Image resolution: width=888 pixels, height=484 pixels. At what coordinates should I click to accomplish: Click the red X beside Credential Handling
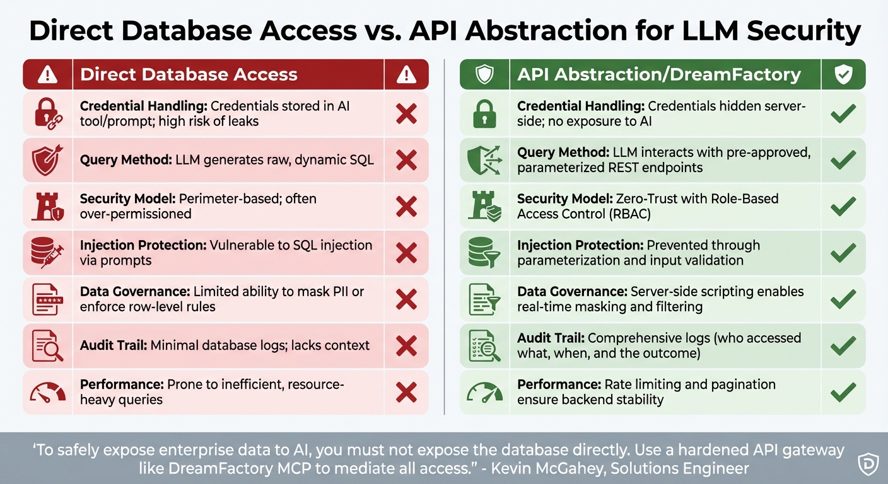(406, 114)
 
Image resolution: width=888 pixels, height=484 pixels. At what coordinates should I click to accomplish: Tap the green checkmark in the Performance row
(843, 393)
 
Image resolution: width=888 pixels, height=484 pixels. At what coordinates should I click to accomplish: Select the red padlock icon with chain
(48, 114)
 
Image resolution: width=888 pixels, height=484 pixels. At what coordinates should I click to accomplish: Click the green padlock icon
(484, 114)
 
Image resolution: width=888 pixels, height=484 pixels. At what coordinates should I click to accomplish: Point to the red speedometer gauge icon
(48, 393)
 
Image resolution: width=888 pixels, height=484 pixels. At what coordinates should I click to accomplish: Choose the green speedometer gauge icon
(484, 393)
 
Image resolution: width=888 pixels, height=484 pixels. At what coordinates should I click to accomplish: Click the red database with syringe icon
(48, 253)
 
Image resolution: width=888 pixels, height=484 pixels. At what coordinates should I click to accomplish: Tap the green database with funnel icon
(484, 253)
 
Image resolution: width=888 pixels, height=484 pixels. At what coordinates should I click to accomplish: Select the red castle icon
(48, 207)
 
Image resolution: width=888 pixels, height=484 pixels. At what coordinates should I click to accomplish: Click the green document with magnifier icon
(484, 346)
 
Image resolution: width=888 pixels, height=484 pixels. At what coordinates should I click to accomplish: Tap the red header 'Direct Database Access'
(189, 74)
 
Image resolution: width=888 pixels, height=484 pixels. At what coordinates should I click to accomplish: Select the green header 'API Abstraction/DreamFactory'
(659, 74)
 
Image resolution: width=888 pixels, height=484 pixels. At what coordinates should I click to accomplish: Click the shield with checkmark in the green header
(843, 74)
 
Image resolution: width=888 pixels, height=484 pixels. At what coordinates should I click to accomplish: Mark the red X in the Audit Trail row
(406, 346)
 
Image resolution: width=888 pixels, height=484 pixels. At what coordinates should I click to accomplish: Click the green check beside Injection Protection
(843, 253)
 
